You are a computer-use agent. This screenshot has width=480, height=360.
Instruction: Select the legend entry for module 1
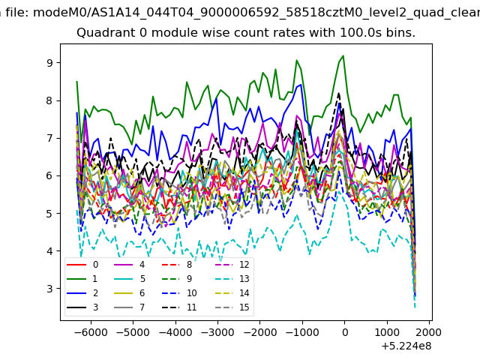click(x=82, y=279)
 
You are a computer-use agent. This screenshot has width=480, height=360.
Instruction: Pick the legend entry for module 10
click(x=179, y=293)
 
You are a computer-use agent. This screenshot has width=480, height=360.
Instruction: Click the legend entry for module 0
click(x=82, y=265)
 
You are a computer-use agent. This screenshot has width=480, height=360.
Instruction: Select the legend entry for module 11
click(x=179, y=307)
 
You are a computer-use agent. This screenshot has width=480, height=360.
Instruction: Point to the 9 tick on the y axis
click(x=49, y=63)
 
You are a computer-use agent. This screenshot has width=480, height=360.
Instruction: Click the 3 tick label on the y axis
click(x=49, y=289)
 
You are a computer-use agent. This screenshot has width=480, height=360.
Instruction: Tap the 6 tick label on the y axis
click(x=49, y=175)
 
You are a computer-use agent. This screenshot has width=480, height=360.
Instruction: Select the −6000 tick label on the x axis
click(x=91, y=332)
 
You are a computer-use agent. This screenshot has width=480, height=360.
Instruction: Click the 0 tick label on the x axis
click(x=345, y=332)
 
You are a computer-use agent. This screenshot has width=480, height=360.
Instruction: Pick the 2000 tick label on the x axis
click(x=429, y=332)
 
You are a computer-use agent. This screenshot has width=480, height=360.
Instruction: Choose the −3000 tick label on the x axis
click(x=217, y=332)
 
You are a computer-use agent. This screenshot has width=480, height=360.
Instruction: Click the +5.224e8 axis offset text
click(x=406, y=346)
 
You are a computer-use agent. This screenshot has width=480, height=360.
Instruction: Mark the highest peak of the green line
click(x=343, y=55)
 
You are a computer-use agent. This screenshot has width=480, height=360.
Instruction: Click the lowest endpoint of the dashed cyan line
click(x=415, y=307)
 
